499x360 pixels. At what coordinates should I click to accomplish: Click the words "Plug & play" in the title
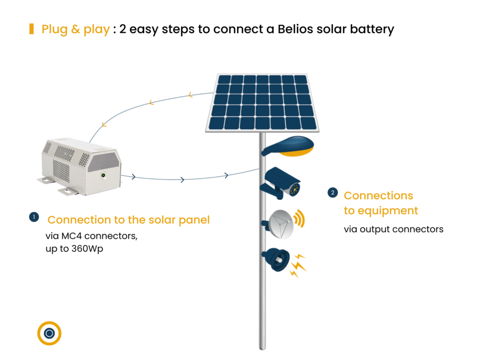point(76,29)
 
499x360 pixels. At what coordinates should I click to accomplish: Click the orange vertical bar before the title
point(32,29)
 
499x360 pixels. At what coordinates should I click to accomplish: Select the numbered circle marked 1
point(34,217)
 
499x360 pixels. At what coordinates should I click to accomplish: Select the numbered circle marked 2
point(332,193)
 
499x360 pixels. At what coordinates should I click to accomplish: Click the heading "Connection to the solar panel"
point(129,220)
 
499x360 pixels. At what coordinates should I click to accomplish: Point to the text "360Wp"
point(87,249)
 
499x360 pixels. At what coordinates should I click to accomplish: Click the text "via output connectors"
point(393,229)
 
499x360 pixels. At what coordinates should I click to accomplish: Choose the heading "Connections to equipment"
point(381,203)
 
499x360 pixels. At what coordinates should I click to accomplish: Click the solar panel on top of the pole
point(262,102)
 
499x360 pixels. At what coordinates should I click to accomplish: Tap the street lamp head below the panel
point(288,146)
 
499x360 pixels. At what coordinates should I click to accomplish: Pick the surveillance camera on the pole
point(280,183)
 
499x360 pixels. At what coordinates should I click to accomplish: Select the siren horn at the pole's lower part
point(276,259)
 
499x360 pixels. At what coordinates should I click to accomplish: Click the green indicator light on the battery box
point(103,175)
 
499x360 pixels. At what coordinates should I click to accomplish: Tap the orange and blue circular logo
point(49,333)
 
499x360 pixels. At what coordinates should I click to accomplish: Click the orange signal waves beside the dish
point(299,219)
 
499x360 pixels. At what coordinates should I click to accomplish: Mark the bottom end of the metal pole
point(262,348)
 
